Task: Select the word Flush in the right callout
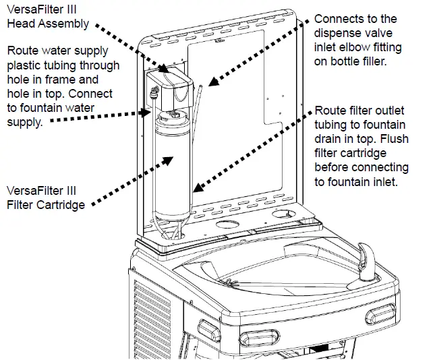pos(395,139)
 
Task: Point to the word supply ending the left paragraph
pos(25,122)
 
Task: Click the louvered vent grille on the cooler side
pos(152,319)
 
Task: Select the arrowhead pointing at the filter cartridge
pos(168,160)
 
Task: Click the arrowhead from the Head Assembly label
pos(163,68)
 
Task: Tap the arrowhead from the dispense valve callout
pos(213,82)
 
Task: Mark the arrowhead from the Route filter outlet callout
pos(198,188)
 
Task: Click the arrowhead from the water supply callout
pos(146,113)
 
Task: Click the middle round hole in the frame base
pos(227,224)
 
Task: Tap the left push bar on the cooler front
pos(260,338)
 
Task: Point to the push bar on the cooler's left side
pos(209,330)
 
